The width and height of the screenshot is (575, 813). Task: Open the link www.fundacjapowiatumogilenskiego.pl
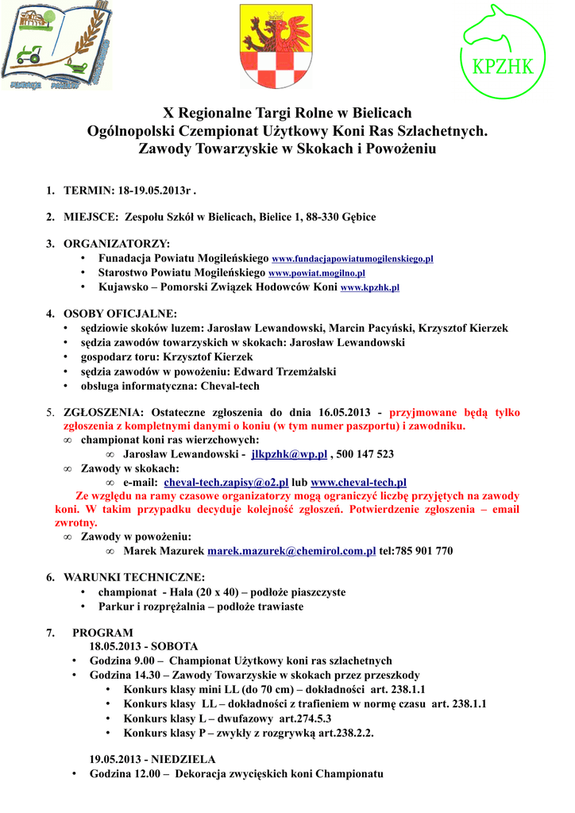pos(352,260)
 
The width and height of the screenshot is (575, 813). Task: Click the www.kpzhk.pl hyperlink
pos(369,287)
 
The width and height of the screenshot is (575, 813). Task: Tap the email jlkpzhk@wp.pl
pos(289,454)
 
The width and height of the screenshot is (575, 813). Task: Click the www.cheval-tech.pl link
pos(358,482)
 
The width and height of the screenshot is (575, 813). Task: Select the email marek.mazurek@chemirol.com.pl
pos(291,551)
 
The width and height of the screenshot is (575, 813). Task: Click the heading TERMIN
pos(88,191)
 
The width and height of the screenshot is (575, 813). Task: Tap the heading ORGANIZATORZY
pos(117,243)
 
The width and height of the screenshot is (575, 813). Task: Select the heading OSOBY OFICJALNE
pos(120,313)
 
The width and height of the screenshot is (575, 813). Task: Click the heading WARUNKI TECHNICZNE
pos(134,577)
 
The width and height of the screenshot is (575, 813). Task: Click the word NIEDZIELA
pos(183,759)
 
